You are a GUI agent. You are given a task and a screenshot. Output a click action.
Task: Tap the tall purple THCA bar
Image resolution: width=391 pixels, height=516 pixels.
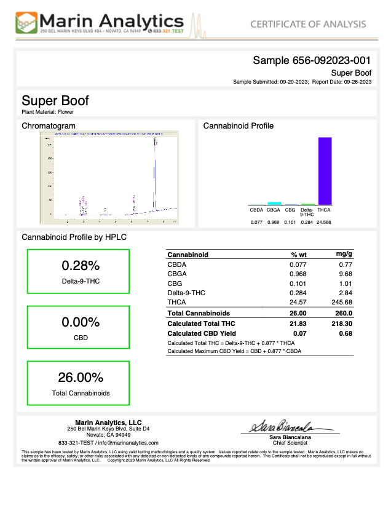pos(325,171)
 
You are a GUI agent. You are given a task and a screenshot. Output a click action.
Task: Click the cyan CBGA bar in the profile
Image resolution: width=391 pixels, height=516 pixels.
pos(274,203)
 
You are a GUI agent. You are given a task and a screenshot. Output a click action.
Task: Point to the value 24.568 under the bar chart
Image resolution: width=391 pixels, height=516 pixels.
pos(323,222)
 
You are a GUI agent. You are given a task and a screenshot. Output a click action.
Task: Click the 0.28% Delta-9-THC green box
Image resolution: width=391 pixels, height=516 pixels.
pos(77,271)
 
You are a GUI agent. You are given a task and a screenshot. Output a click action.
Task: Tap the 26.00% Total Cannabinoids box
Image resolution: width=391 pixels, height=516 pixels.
pos(77,383)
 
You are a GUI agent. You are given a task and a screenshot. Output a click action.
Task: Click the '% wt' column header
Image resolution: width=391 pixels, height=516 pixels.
pos(299,254)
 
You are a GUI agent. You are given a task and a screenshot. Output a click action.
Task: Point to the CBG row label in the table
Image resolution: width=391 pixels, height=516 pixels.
pos(175,283)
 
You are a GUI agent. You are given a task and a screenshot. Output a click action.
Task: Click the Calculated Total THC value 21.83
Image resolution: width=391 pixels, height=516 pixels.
pos(298,323)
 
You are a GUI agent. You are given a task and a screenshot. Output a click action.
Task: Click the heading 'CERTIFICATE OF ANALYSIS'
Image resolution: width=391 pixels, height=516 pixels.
pos(308,24)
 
